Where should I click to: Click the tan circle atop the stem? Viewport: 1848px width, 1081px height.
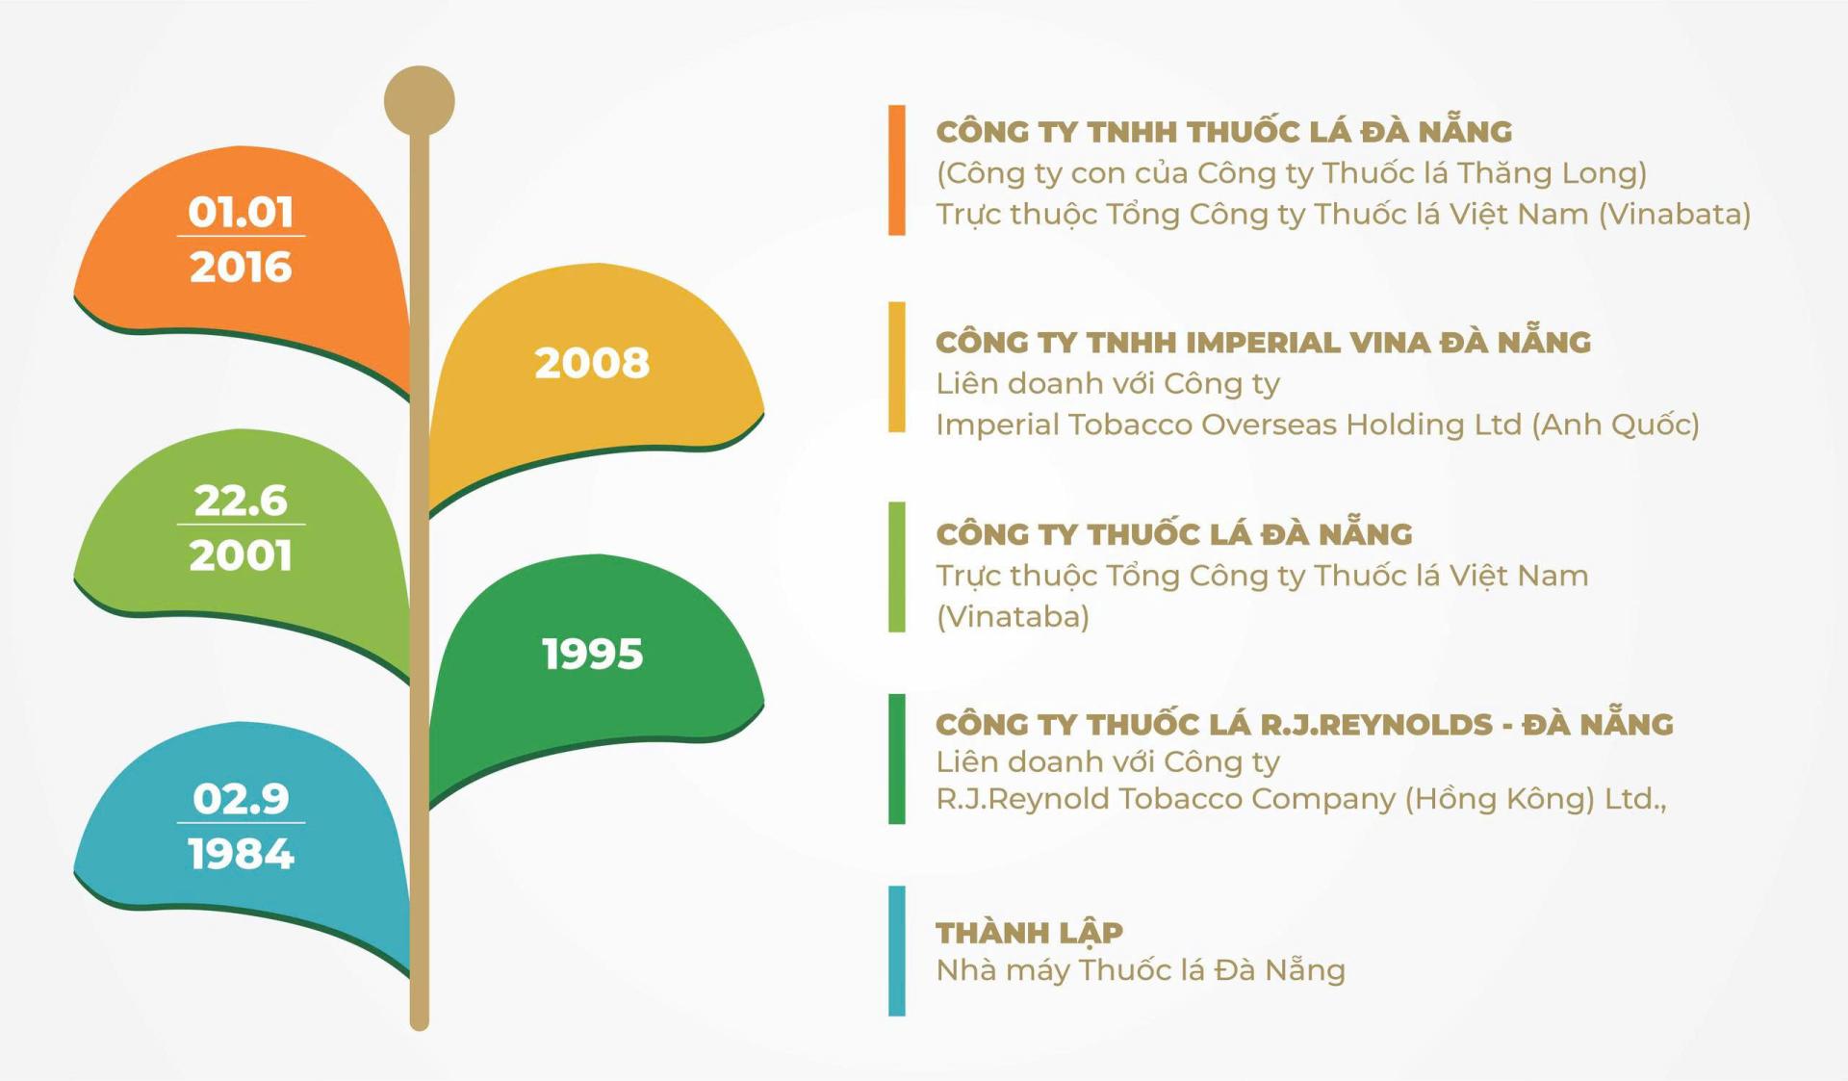coord(420,101)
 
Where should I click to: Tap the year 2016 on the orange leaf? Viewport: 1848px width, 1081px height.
coord(241,267)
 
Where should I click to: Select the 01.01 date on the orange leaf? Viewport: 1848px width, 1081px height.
coord(241,212)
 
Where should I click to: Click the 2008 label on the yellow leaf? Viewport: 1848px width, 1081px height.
coord(592,363)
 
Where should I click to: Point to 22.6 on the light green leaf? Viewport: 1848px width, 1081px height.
coord(241,501)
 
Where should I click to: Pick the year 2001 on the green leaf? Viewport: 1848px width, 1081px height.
coord(241,555)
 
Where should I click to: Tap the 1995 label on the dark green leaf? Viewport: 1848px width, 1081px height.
coord(592,655)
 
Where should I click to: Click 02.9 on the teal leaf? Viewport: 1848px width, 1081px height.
coord(241,799)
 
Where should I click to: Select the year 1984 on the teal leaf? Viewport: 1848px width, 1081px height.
coord(241,854)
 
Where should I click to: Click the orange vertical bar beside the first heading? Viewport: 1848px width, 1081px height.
coord(897,170)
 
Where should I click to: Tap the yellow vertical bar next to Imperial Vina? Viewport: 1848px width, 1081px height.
coord(897,368)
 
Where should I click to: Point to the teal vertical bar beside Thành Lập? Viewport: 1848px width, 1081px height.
coord(897,951)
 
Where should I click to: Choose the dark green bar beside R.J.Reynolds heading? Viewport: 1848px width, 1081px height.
coord(897,759)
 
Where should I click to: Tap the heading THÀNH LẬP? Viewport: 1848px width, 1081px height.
coord(1029,932)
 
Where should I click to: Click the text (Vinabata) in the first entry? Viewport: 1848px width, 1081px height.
coord(1675,214)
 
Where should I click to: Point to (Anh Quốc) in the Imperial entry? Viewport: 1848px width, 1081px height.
coord(1616,425)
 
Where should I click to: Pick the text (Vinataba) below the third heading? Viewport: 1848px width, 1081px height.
coord(1013,616)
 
